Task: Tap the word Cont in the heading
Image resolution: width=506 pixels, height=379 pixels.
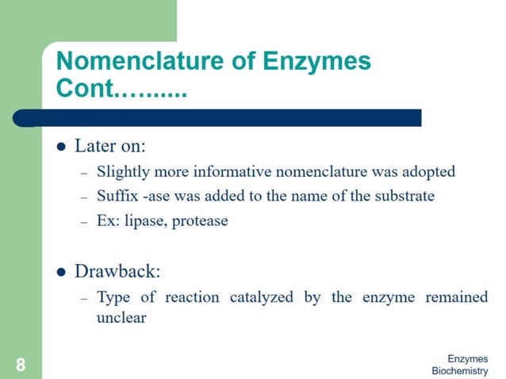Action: (x=85, y=89)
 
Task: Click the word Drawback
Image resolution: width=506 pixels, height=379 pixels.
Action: (x=117, y=271)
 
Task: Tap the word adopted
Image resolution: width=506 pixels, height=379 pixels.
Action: (x=430, y=171)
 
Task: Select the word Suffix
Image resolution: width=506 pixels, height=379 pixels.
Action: (x=115, y=196)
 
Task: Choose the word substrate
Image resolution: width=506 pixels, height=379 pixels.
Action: (x=404, y=196)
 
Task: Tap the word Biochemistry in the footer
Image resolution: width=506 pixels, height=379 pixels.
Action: (x=460, y=371)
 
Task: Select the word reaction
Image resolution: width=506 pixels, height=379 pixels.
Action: (x=194, y=297)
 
